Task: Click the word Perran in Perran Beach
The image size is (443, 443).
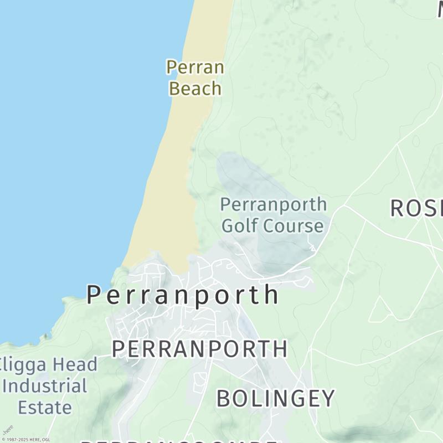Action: tap(195, 68)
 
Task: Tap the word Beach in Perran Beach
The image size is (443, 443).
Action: tap(195, 88)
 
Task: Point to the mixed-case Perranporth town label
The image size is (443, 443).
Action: tap(183, 295)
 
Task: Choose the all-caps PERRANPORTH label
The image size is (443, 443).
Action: tap(199, 349)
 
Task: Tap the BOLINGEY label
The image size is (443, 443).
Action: tap(275, 398)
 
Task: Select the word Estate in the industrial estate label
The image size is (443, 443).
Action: tap(45, 408)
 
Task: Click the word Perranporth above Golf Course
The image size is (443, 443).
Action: tap(274, 204)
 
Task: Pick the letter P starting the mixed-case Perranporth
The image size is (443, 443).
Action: tap(94, 295)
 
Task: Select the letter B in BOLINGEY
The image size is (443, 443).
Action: tap(222, 398)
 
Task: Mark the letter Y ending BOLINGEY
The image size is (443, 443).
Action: tap(328, 398)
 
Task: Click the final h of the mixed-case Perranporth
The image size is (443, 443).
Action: tap(271, 295)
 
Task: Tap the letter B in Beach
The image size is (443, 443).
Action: tap(175, 88)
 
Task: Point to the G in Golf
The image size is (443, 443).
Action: tap(228, 225)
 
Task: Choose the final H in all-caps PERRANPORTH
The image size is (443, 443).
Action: tap(280, 349)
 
